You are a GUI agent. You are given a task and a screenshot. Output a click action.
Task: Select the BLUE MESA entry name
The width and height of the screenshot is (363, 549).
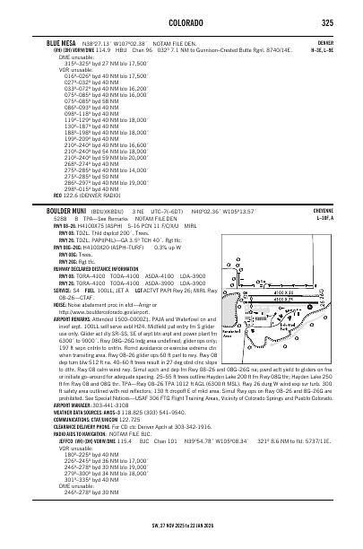62,42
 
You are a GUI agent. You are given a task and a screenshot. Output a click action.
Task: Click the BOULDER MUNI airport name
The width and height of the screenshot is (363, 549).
73,211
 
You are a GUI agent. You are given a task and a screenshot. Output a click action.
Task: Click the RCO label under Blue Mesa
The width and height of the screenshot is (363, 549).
58,194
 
